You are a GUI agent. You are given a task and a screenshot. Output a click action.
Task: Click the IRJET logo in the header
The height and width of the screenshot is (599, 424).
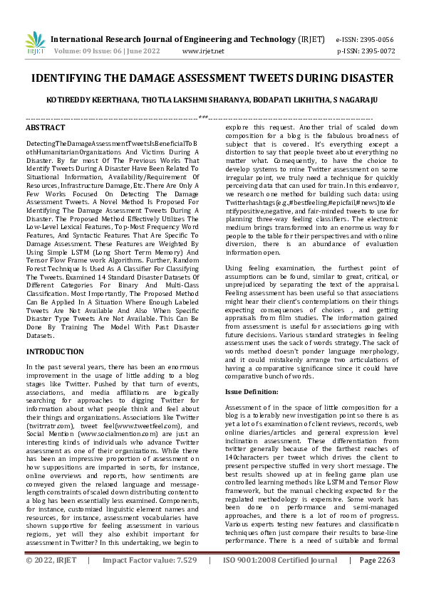click(34, 44)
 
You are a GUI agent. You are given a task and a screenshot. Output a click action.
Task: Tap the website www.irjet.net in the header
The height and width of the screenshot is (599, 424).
click(203, 51)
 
